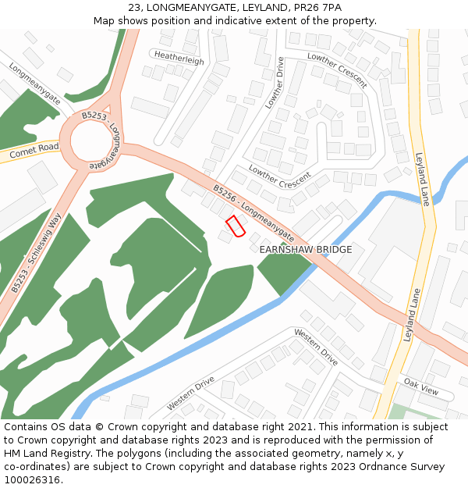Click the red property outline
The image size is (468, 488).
click(x=236, y=226)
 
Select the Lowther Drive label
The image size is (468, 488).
click(x=275, y=82)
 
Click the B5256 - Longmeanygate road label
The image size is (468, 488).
click(x=253, y=211)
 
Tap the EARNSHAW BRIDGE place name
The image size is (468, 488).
click(x=306, y=250)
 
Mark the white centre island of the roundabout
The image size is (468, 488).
click(x=95, y=142)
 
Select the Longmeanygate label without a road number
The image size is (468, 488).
click(x=34, y=84)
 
